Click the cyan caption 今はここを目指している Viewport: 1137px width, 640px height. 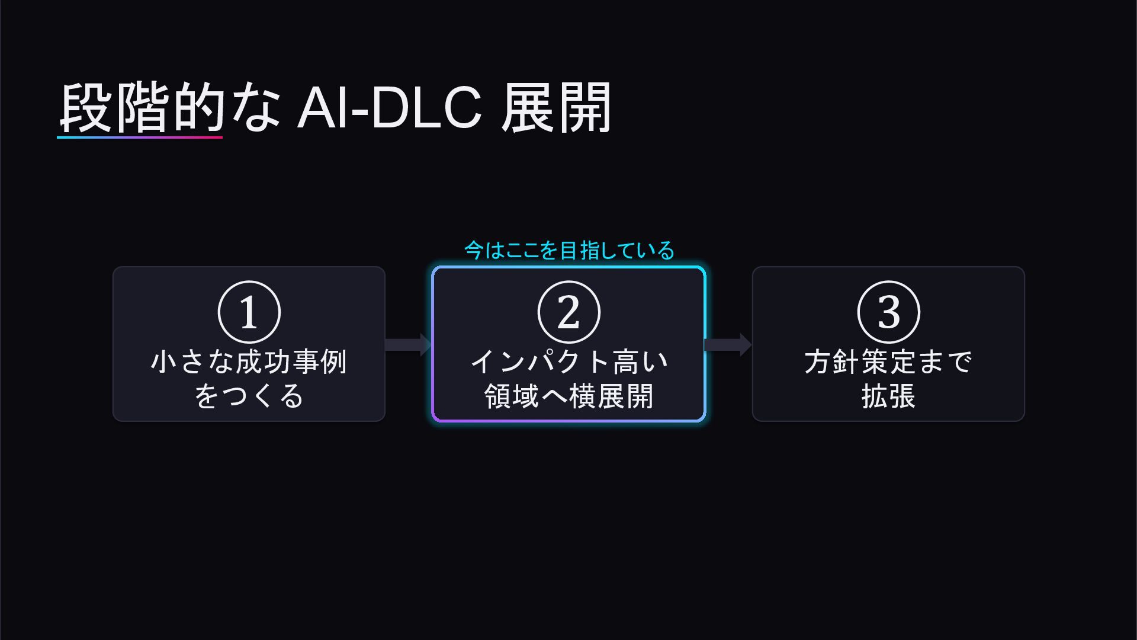(x=569, y=250)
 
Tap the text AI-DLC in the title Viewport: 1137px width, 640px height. (x=390, y=108)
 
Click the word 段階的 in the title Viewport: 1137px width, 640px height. (x=142, y=108)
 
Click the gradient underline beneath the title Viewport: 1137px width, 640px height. (x=140, y=137)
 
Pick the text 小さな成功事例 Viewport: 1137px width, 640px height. (x=249, y=361)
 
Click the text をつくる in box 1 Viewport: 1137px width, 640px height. (x=249, y=396)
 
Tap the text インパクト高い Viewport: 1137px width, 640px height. (x=569, y=361)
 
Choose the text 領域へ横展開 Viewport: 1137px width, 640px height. (x=569, y=396)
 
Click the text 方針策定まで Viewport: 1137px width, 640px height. (x=888, y=361)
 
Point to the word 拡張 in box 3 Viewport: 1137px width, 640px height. (x=888, y=396)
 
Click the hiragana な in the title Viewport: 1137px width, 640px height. (x=256, y=108)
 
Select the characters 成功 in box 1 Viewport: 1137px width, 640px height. (x=263, y=361)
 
